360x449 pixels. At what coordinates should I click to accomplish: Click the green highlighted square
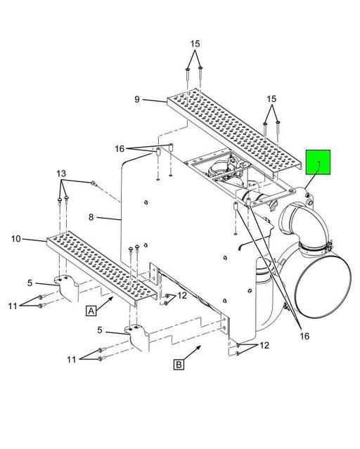coord(318,162)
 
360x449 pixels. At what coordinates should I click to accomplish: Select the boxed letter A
coord(91,311)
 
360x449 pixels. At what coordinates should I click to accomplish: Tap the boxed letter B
coord(179,365)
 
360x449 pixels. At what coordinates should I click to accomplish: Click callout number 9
coord(137,99)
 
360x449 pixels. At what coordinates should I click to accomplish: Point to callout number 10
coord(16,238)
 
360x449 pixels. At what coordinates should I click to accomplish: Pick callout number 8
coord(91,217)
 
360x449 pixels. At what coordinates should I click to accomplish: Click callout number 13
coord(61,174)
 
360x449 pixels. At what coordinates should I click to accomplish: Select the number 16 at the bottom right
coord(304,336)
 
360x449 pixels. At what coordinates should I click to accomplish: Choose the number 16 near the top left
coord(120,149)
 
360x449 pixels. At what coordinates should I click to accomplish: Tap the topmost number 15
coord(195,44)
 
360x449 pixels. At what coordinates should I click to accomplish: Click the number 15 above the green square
coord(271,99)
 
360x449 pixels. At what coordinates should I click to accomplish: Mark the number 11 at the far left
coord(13,306)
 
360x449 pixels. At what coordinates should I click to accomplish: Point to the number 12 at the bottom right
coord(264,346)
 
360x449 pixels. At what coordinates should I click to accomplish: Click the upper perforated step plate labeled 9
coord(233,132)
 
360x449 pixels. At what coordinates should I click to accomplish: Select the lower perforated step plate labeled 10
coord(102,268)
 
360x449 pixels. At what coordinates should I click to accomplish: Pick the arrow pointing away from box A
coord(105,303)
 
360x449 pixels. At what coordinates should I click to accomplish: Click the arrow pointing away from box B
coord(193,353)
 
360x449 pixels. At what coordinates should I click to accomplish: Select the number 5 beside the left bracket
coord(30,283)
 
